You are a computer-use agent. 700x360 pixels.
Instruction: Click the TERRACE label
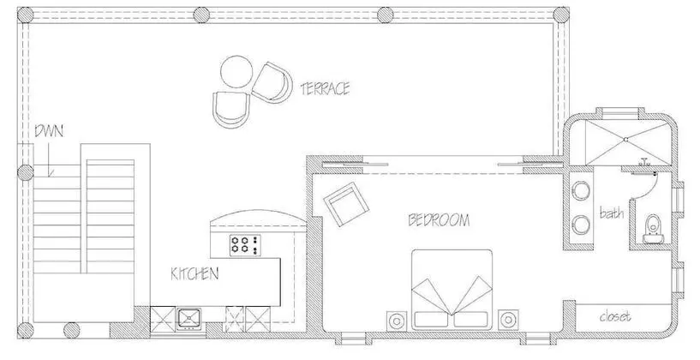coord(325,88)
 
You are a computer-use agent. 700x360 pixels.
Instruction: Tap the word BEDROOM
coord(439,219)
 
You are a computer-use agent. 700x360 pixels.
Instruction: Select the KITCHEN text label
coord(194,273)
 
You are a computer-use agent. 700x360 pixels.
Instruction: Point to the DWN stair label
coord(49,131)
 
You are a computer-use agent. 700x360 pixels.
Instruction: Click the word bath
coord(612,213)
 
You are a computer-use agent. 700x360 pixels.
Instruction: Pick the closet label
coord(615,316)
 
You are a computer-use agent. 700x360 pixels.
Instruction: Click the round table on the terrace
coord(236,71)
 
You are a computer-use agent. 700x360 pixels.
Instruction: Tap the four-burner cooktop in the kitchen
coord(245,245)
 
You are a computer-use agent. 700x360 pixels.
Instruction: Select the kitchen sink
coord(188,319)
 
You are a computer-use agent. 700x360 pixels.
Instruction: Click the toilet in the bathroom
coord(653,229)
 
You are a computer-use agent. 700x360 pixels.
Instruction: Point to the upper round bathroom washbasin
coord(582,191)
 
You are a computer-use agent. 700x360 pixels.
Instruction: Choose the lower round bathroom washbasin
coord(582,225)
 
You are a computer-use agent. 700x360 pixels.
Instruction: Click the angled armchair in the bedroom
coord(346,204)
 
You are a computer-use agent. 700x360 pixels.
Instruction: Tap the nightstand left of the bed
coord(397,321)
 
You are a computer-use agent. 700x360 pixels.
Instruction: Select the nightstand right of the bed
coord(508,320)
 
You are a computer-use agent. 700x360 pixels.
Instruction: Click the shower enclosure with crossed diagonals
coord(627,140)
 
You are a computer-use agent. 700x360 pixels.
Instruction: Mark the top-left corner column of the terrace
coord(25,15)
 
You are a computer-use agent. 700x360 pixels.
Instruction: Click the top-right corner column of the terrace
coord(561,15)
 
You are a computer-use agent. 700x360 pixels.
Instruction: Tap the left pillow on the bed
coord(432,319)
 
